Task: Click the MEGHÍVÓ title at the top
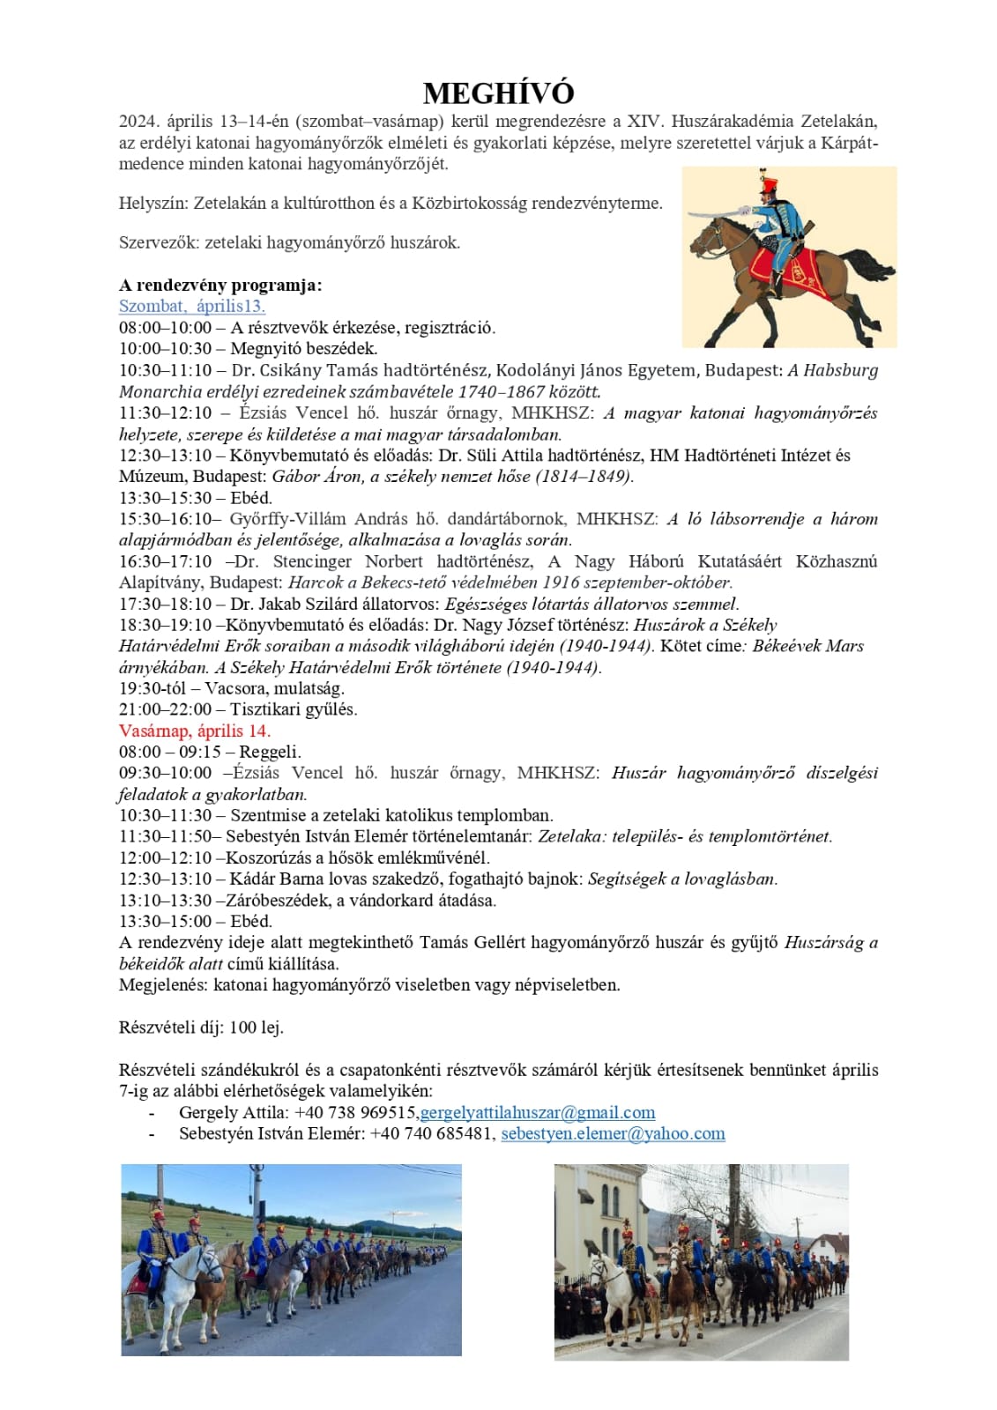498,93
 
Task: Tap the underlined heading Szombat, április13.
192,306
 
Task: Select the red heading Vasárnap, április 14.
195,731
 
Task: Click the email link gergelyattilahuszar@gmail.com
538,1112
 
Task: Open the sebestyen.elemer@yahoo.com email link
613,1133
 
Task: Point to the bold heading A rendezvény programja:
220,285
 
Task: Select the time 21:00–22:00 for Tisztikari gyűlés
166,709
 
